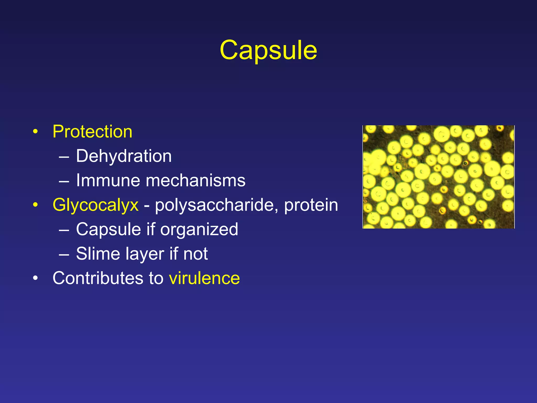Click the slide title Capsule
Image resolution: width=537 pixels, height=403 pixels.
pos(268,50)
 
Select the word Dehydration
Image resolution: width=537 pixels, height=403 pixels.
pos(124,156)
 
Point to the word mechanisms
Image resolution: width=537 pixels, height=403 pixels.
pos(195,181)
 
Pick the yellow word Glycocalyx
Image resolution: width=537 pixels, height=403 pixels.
pos(95,205)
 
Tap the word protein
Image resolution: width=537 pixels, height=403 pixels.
pos(311,205)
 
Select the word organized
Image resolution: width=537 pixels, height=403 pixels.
pos(199,229)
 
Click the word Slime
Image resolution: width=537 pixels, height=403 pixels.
pos(98,254)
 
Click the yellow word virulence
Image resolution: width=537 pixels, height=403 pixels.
pos(204,278)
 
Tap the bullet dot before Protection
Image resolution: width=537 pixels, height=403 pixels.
pos(35,131)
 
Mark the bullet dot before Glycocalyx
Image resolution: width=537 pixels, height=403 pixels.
pos(35,205)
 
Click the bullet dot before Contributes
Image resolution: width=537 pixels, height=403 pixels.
pos(35,278)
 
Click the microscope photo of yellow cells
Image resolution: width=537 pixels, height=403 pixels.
pos(438,177)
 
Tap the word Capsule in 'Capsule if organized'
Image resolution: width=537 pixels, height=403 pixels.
pos(109,229)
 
